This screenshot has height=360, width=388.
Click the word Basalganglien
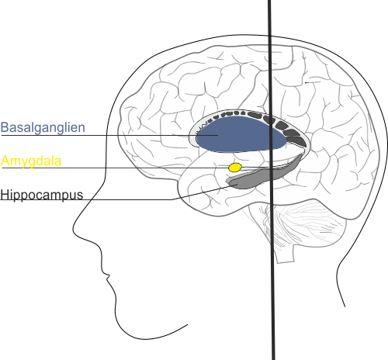click(x=43, y=128)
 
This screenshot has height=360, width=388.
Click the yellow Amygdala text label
click(x=31, y=161)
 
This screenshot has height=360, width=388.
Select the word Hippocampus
click(x=42, y=195)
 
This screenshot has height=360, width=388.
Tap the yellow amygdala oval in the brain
click(x=235, y=168)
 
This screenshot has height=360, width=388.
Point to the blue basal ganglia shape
click(x=241, y=134)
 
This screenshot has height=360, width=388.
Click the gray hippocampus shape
click(x=258, y=177)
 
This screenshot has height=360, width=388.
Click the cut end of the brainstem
click(x=286, y=261)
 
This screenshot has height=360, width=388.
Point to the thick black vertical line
click(x=271, y=180)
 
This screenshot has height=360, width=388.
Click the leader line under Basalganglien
click(x=109, y=135)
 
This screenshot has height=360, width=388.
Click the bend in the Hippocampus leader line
click(x=173, y=199)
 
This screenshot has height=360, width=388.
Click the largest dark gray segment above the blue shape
click(x=297, y=141)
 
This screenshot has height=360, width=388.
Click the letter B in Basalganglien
click(x=5, y=127)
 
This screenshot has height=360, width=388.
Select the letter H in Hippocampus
click(x=5, y=195)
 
